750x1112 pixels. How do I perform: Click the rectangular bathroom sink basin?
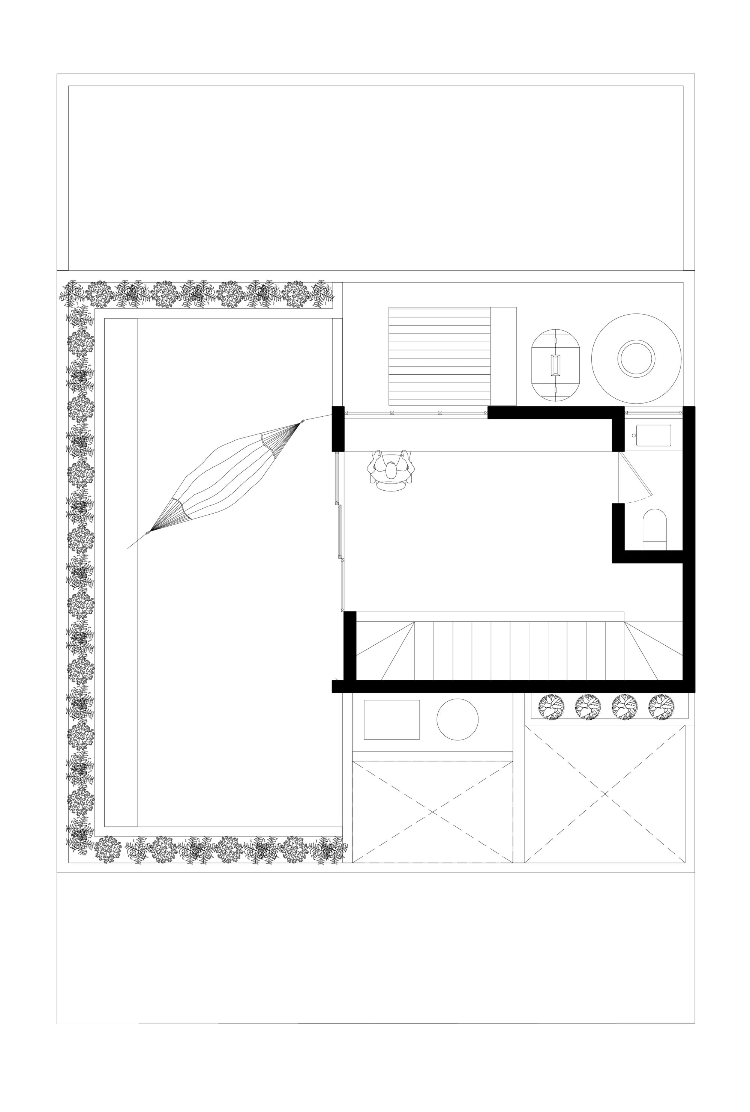point(652,435)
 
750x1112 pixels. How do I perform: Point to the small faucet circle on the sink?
point(634,435)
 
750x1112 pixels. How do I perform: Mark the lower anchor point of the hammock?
point(147,533)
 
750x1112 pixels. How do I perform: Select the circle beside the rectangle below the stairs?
point(457,719)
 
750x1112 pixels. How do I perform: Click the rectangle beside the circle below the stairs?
point(391,720)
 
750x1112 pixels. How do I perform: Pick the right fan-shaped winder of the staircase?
point(652,651)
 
